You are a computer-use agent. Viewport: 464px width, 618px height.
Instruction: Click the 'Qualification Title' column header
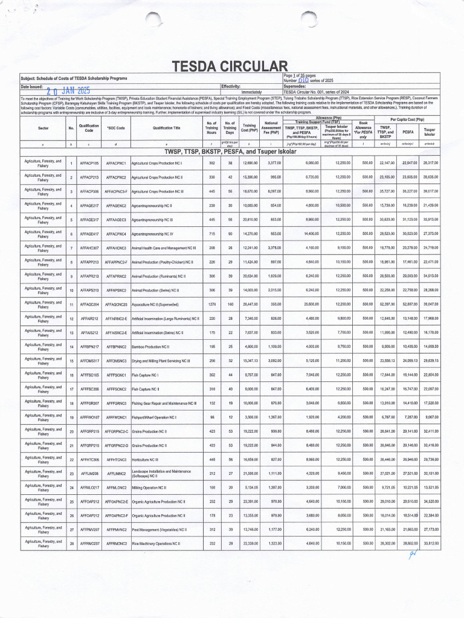point(166,128)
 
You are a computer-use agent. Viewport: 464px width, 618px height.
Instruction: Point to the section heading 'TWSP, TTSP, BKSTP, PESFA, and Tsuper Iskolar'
point(232,151)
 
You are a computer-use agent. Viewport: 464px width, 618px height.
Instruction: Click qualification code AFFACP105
point(89,164)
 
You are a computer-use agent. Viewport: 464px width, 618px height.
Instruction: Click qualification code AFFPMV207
point(89,529)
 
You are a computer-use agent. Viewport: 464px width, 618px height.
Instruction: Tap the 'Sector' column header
point(43,128)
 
